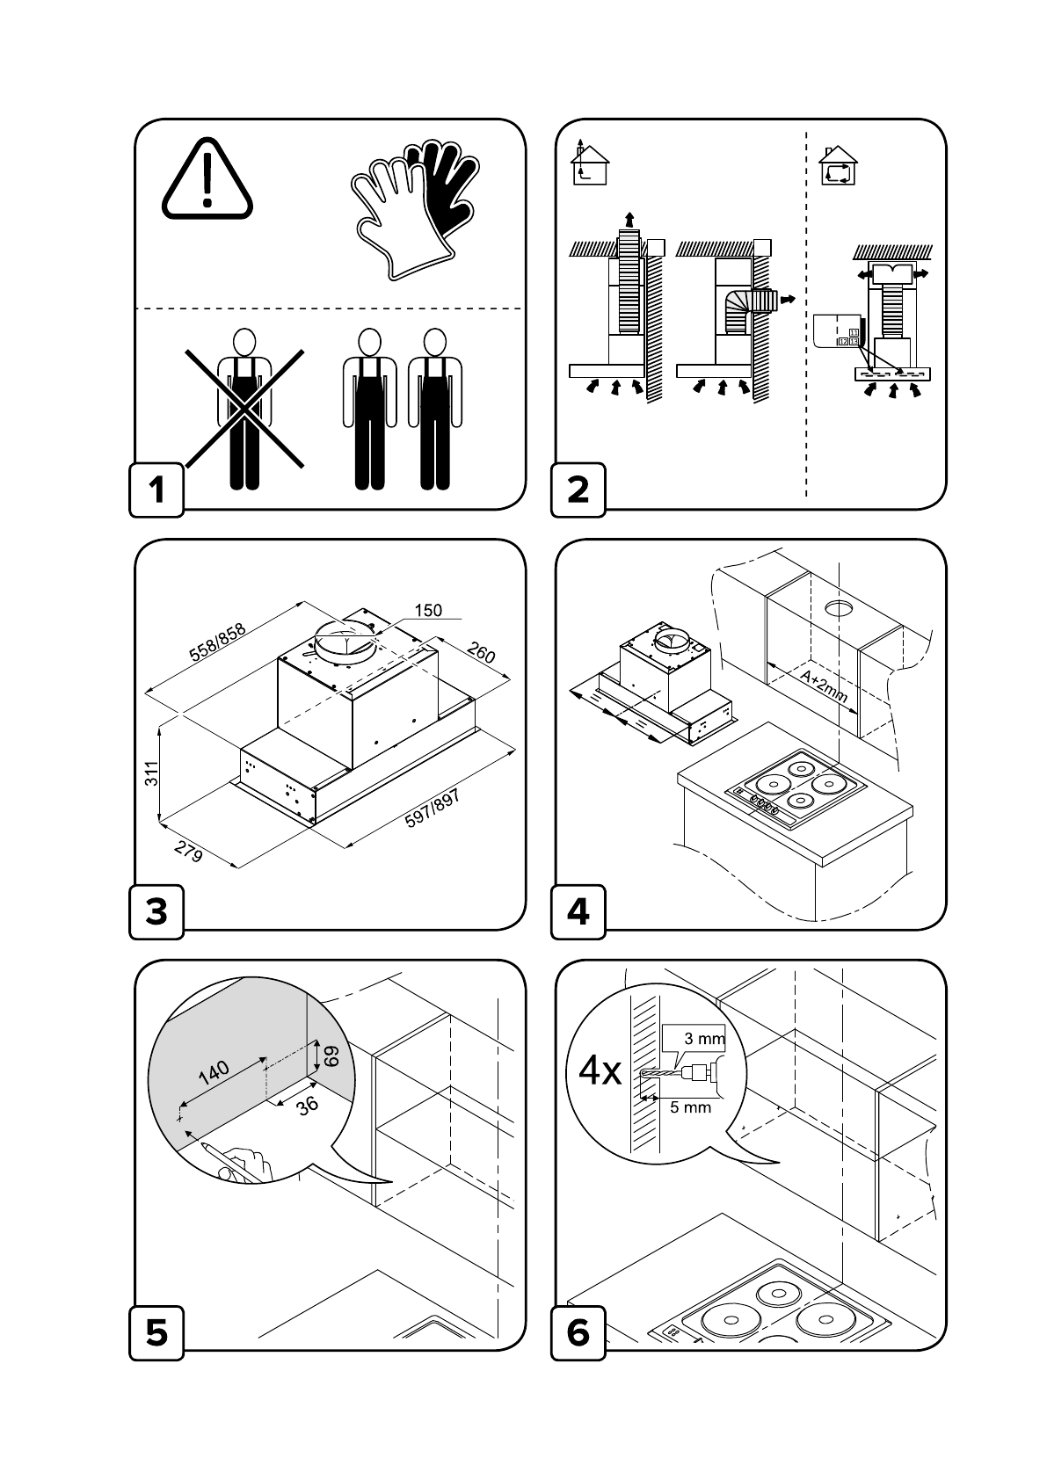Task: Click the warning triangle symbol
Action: pos(207,180)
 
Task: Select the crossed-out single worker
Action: pos(244,409)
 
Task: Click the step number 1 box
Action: pos(157,490)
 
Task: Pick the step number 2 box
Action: pos(578,490)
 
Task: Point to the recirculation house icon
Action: pos(838,165)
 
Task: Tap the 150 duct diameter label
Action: pos(427,611)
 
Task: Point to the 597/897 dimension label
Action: pos(433,808)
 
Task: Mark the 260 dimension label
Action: pos(481,653)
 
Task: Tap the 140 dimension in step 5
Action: pos(213,1072)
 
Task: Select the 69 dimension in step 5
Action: pos(331,1056)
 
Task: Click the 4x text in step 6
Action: pos(600,1072)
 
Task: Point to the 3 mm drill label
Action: pos(704,1039)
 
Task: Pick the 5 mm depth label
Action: pos(690,1107)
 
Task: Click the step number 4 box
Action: pos(578,911)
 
